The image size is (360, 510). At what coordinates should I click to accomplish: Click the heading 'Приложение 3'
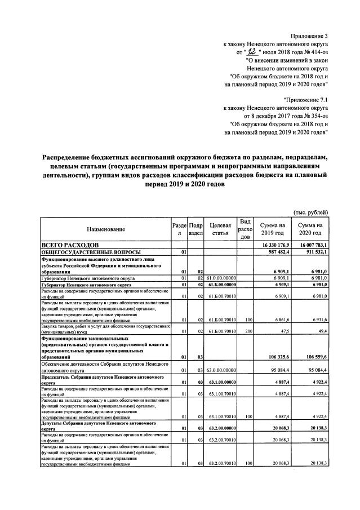309,37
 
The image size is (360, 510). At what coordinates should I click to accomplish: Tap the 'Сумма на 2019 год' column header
272,230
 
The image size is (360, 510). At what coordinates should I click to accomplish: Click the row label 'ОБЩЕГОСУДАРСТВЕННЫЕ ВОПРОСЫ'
88,252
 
